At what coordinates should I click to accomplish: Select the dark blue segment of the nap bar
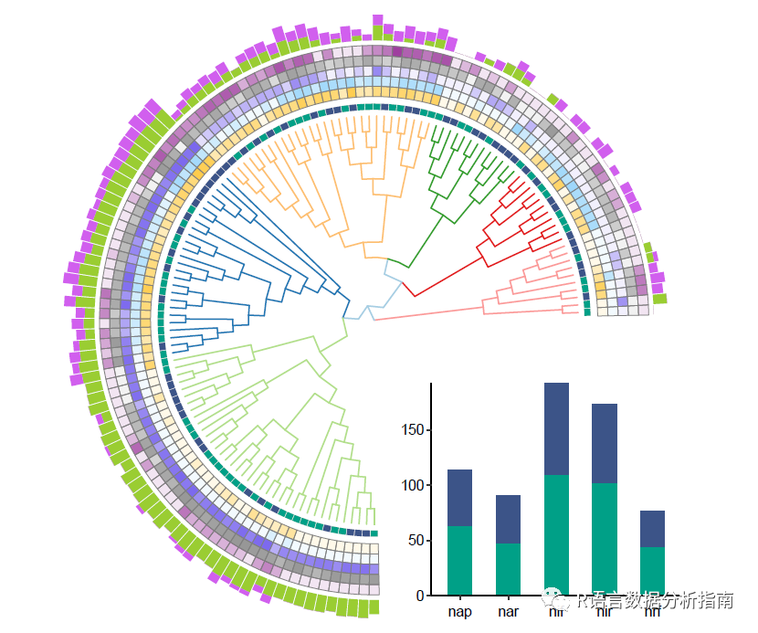(459, 498)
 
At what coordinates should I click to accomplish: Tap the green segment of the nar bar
(508, 569)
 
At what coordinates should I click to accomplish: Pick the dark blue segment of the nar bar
(508, 519)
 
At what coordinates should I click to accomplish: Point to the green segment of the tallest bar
(556, 534)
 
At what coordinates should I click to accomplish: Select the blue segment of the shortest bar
(652, 529)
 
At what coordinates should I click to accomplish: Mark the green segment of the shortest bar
(652, 571)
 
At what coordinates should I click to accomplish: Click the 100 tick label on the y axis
(413, 485)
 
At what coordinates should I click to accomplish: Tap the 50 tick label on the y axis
(416, 541)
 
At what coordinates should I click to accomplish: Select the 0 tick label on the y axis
(420, 596)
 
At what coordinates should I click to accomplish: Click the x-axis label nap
(459, 611)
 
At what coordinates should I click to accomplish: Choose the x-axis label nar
(508, 611)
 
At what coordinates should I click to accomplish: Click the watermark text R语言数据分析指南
(656, 601)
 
